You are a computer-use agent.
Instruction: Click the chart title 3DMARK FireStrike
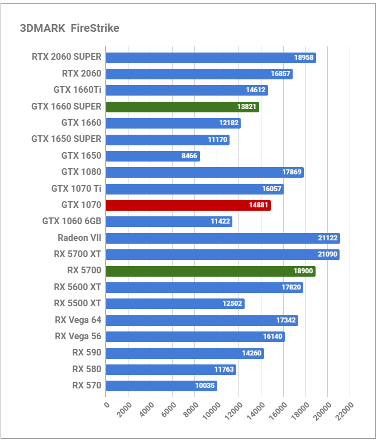coord(69,29)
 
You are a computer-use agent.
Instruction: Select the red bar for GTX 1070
coord(188,205)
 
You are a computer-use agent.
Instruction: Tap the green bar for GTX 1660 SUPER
coord(182,107)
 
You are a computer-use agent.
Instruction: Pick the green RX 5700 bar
coord(210,271)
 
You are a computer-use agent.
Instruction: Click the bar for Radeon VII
coord(222,238)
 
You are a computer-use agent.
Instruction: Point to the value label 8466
coord(189,156)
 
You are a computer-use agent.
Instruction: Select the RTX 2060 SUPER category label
coord(66,57)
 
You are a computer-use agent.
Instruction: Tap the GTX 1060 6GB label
coord(71,221)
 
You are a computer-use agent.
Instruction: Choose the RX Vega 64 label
coord(78,320)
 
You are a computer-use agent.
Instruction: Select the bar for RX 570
coord(161,386)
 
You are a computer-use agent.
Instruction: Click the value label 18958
coord(304,58)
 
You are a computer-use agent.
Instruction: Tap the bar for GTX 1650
coord(152,156)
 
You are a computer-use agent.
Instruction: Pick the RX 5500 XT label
coord(78,304)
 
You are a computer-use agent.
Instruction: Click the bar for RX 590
coord(184,353)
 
